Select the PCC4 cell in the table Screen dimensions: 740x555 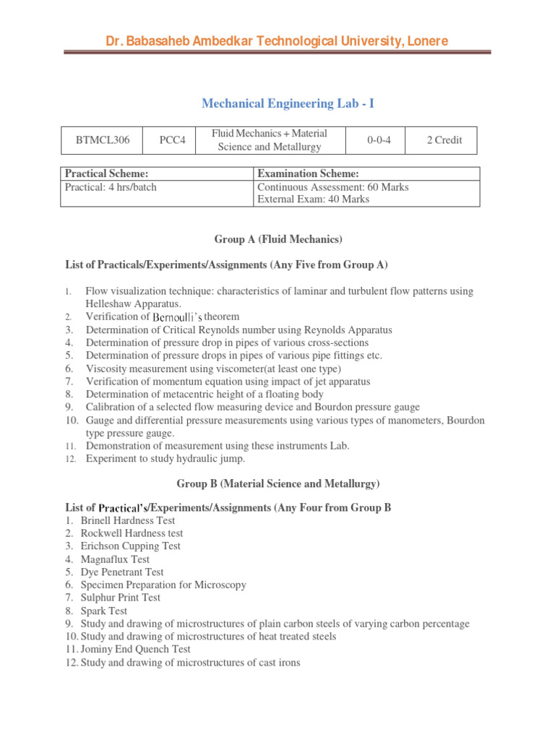(172, 140)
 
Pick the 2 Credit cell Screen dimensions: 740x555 (444, 140)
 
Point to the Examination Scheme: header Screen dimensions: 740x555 (308, 173)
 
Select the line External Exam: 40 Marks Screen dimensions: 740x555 (313, 199)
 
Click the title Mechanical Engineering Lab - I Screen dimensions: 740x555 (288, 104)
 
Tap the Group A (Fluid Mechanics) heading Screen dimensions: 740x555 (278, 239)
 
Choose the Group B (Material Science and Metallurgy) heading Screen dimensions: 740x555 (278, 483)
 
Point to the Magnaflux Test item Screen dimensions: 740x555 (115, 559)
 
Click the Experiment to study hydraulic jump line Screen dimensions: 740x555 (165, 459)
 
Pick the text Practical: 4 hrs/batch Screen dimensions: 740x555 (111, 187)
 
